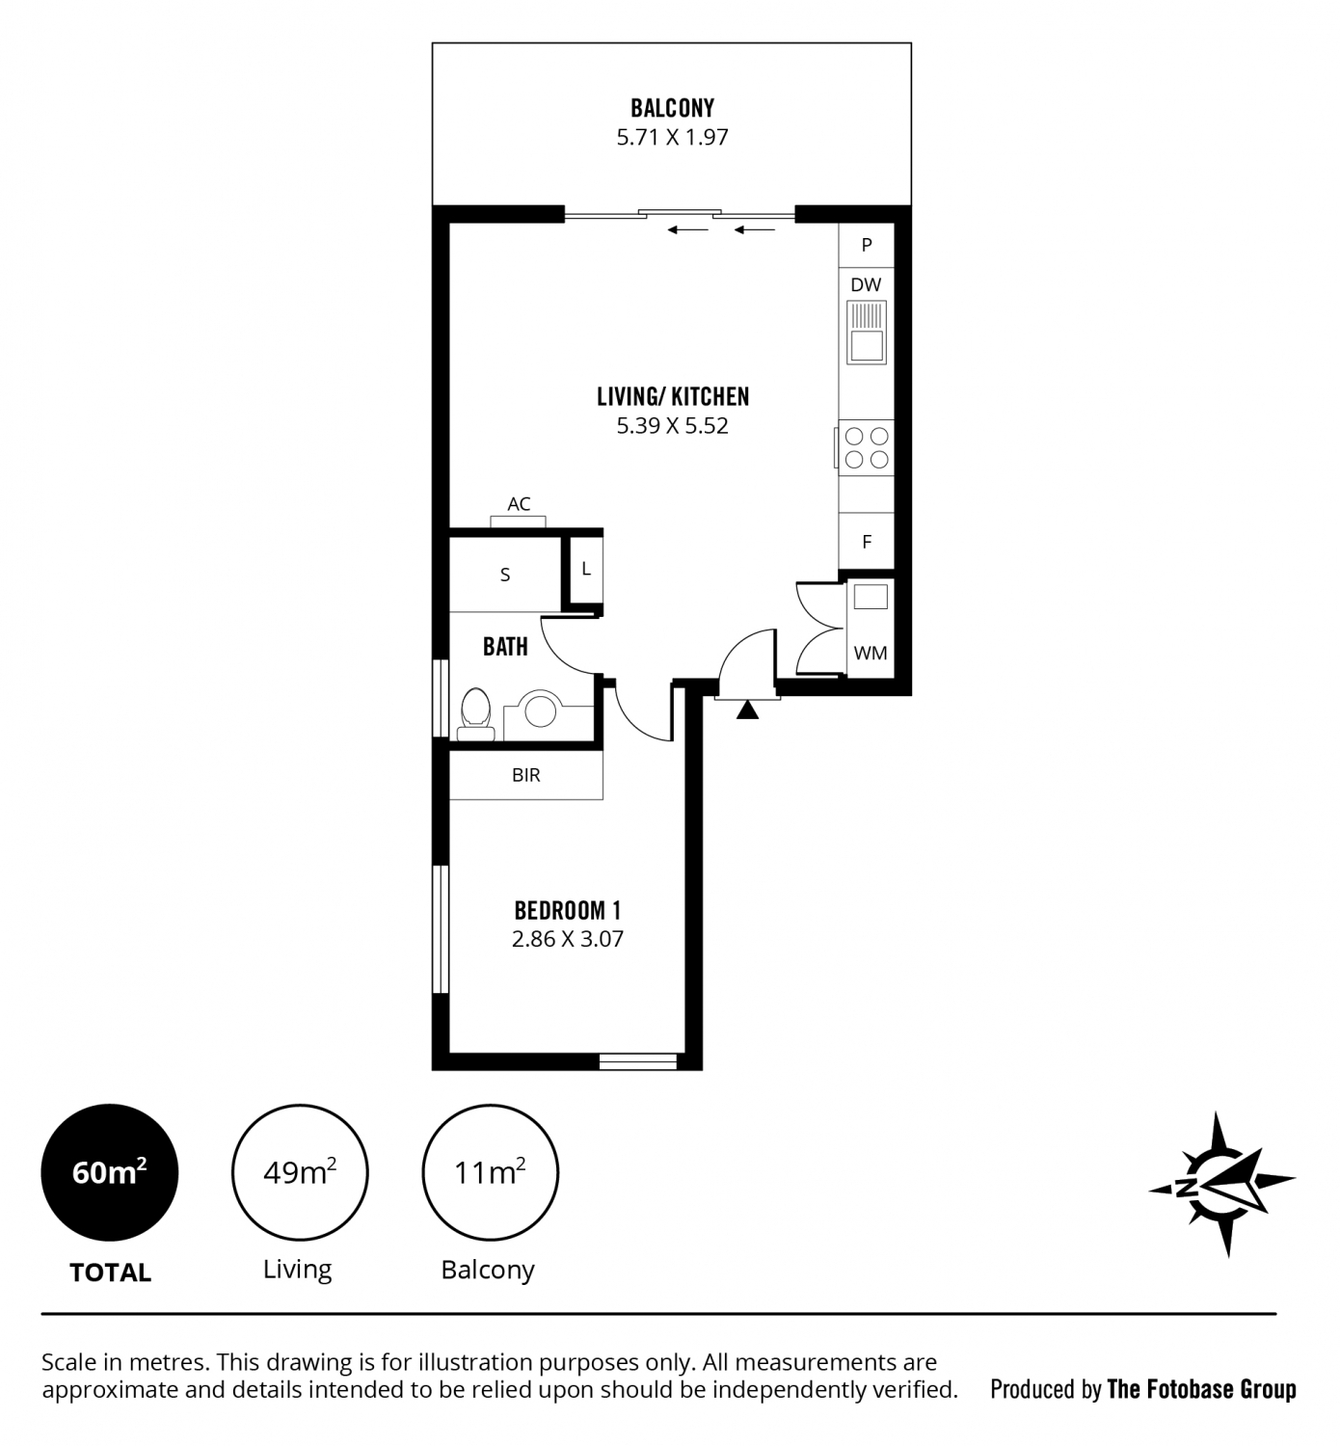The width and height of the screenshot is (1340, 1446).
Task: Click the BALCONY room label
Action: point(672,109)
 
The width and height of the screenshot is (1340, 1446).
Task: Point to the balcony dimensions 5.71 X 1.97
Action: point(672,137)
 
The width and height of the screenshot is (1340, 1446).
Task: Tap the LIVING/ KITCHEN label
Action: point(672,397)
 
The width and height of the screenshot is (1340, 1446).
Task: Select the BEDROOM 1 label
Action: point(567,910)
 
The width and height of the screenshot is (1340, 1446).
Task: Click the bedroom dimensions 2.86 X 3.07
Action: point(567,939)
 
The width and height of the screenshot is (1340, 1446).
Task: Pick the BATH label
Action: point(505,647)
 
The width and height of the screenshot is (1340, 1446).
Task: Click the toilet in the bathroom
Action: point(476,714)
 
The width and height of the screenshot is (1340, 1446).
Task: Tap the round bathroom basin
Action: point(541,710)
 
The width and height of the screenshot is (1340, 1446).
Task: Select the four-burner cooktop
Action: point(866,448)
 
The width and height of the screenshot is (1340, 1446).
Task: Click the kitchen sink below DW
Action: point(866,333)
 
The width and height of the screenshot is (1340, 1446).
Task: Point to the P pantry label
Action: point(867,246)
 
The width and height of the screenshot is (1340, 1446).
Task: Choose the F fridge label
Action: point(867,542)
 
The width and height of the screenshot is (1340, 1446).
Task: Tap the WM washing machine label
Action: point(871,653)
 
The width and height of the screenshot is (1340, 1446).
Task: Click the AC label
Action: point(519,504)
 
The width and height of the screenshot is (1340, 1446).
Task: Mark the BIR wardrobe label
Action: point(525,775)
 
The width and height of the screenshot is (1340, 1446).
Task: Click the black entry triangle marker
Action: point(747,710)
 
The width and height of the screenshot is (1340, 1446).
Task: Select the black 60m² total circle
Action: point(109,1173)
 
